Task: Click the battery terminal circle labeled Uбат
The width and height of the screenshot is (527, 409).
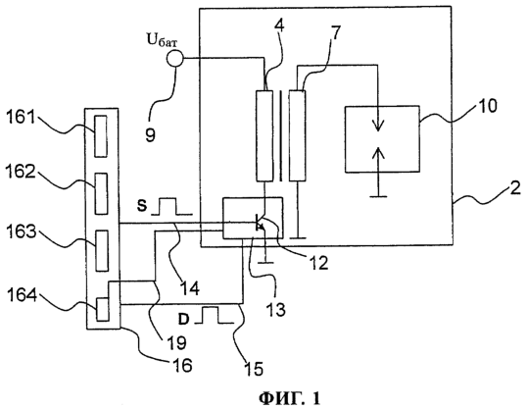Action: tap(174, 59)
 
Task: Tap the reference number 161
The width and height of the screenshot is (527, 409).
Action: tap(21, 118)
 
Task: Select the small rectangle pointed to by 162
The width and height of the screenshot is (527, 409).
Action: tap(101, 193)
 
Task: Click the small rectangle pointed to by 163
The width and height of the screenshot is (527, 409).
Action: tap(102, 251)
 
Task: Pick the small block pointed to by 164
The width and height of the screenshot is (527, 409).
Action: tap(103, 309)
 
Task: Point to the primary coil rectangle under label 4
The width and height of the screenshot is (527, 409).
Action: tap(264, 135)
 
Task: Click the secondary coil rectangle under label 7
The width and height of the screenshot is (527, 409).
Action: tap(297, 135)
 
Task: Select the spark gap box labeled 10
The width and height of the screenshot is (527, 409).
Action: tap(382, 139)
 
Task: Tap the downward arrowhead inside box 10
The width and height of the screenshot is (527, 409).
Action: tap(378, 127)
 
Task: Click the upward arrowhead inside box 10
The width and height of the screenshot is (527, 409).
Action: tap(378, 153)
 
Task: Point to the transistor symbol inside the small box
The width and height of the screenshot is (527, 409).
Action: tap(261, 223)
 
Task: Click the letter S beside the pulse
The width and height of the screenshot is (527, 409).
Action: tap(142, 206)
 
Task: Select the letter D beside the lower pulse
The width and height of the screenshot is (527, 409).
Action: tap(183, 319)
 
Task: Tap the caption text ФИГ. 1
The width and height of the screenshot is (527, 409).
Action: tap(289, 398)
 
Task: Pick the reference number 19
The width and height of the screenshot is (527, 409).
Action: tap(176, 342)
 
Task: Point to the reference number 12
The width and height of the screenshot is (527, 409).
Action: tap(317, 263)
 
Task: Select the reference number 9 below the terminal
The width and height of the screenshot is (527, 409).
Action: tap(151, 134)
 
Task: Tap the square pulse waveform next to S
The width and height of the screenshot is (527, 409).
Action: tap(171, 206)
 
